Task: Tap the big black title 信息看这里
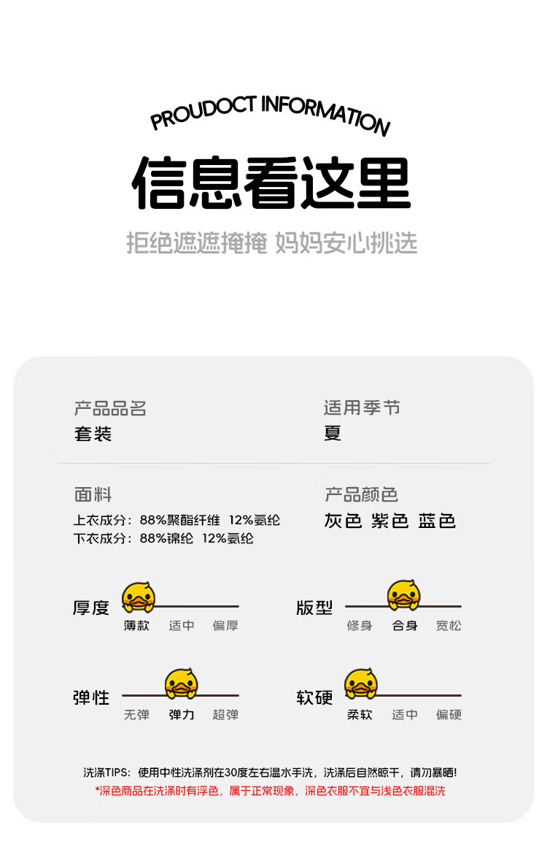point(271,183)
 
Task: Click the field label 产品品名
point(110,408)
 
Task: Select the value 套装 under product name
point(93,434)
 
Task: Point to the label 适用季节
point(362,407)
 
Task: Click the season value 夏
point(333,433)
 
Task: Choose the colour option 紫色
point(389,521)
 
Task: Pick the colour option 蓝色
point(437,521)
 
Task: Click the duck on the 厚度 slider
point(138,597)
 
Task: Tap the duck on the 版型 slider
point(403,595)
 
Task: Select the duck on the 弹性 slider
point(181,684)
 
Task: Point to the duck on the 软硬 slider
point(360,684)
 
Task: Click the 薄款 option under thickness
point(136,626)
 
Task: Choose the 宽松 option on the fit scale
point(449,626)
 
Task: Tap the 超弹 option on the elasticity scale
point(225,715)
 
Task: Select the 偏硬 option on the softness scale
point(449,715)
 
